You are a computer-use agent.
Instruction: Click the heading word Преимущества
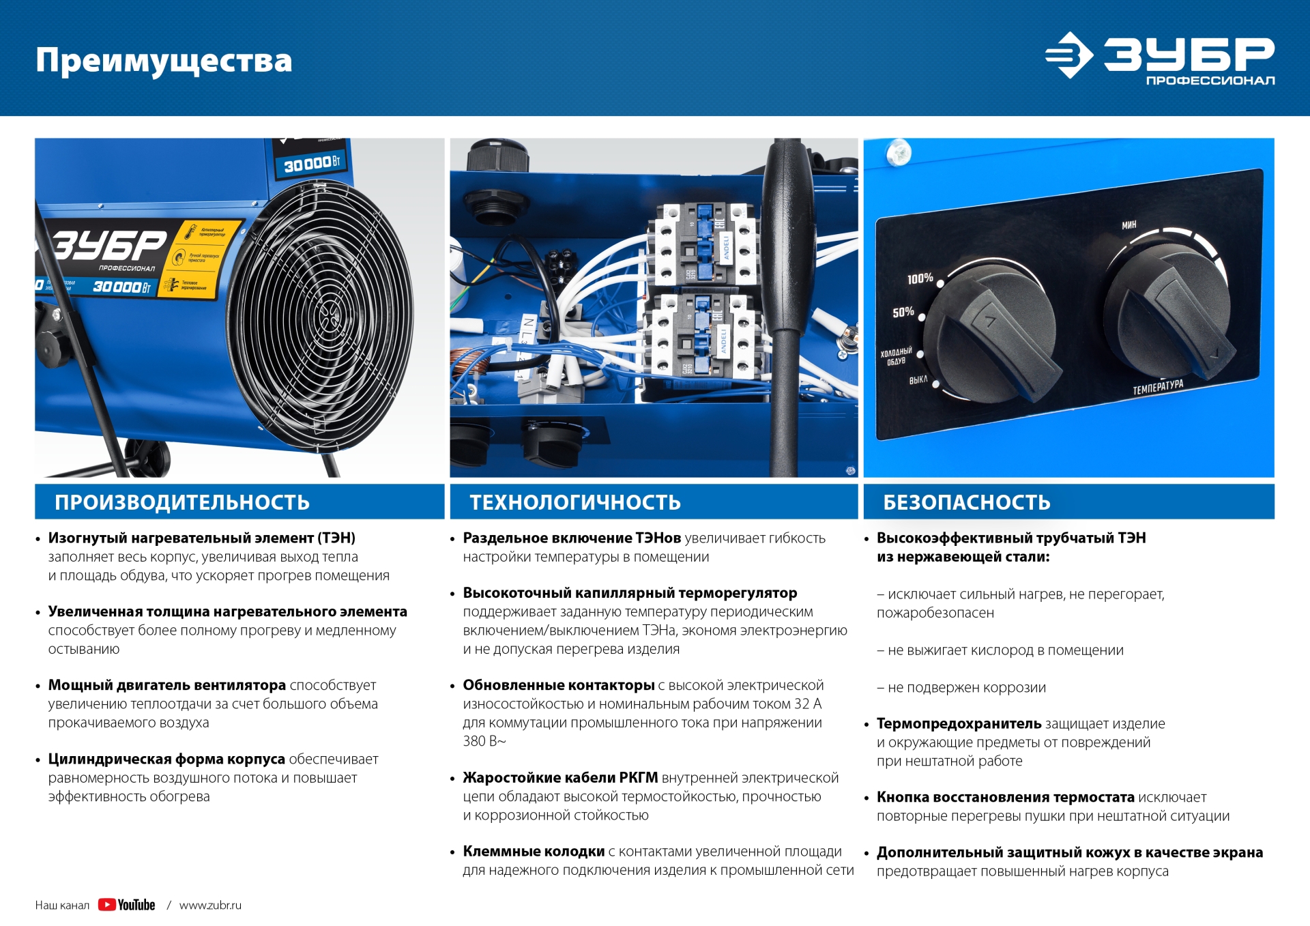pos(164,61)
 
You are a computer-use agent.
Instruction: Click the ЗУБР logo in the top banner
pos(1160,59)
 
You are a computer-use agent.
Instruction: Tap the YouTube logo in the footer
pos(126,905)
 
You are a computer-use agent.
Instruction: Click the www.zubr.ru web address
pos(210,906)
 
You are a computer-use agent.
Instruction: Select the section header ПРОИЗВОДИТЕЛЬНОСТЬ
pos(182,502)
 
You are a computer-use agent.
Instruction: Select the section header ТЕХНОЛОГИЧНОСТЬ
pos(575,502)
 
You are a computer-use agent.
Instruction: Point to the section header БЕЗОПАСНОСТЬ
pos(967,502)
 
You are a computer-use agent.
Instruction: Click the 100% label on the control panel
pos(920,278)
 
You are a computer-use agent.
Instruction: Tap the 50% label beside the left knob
pos(903,313)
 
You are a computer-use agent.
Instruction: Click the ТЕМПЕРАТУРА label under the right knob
pos(1158,387)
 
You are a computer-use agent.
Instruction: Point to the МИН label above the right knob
pos(1129,225)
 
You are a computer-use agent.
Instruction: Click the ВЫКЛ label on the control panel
pos(918,379)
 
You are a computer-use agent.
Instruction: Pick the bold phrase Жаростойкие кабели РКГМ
pos(560,777)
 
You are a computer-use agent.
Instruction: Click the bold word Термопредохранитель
pos(959,723)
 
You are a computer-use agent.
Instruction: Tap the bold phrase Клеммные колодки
pos(534,851)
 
